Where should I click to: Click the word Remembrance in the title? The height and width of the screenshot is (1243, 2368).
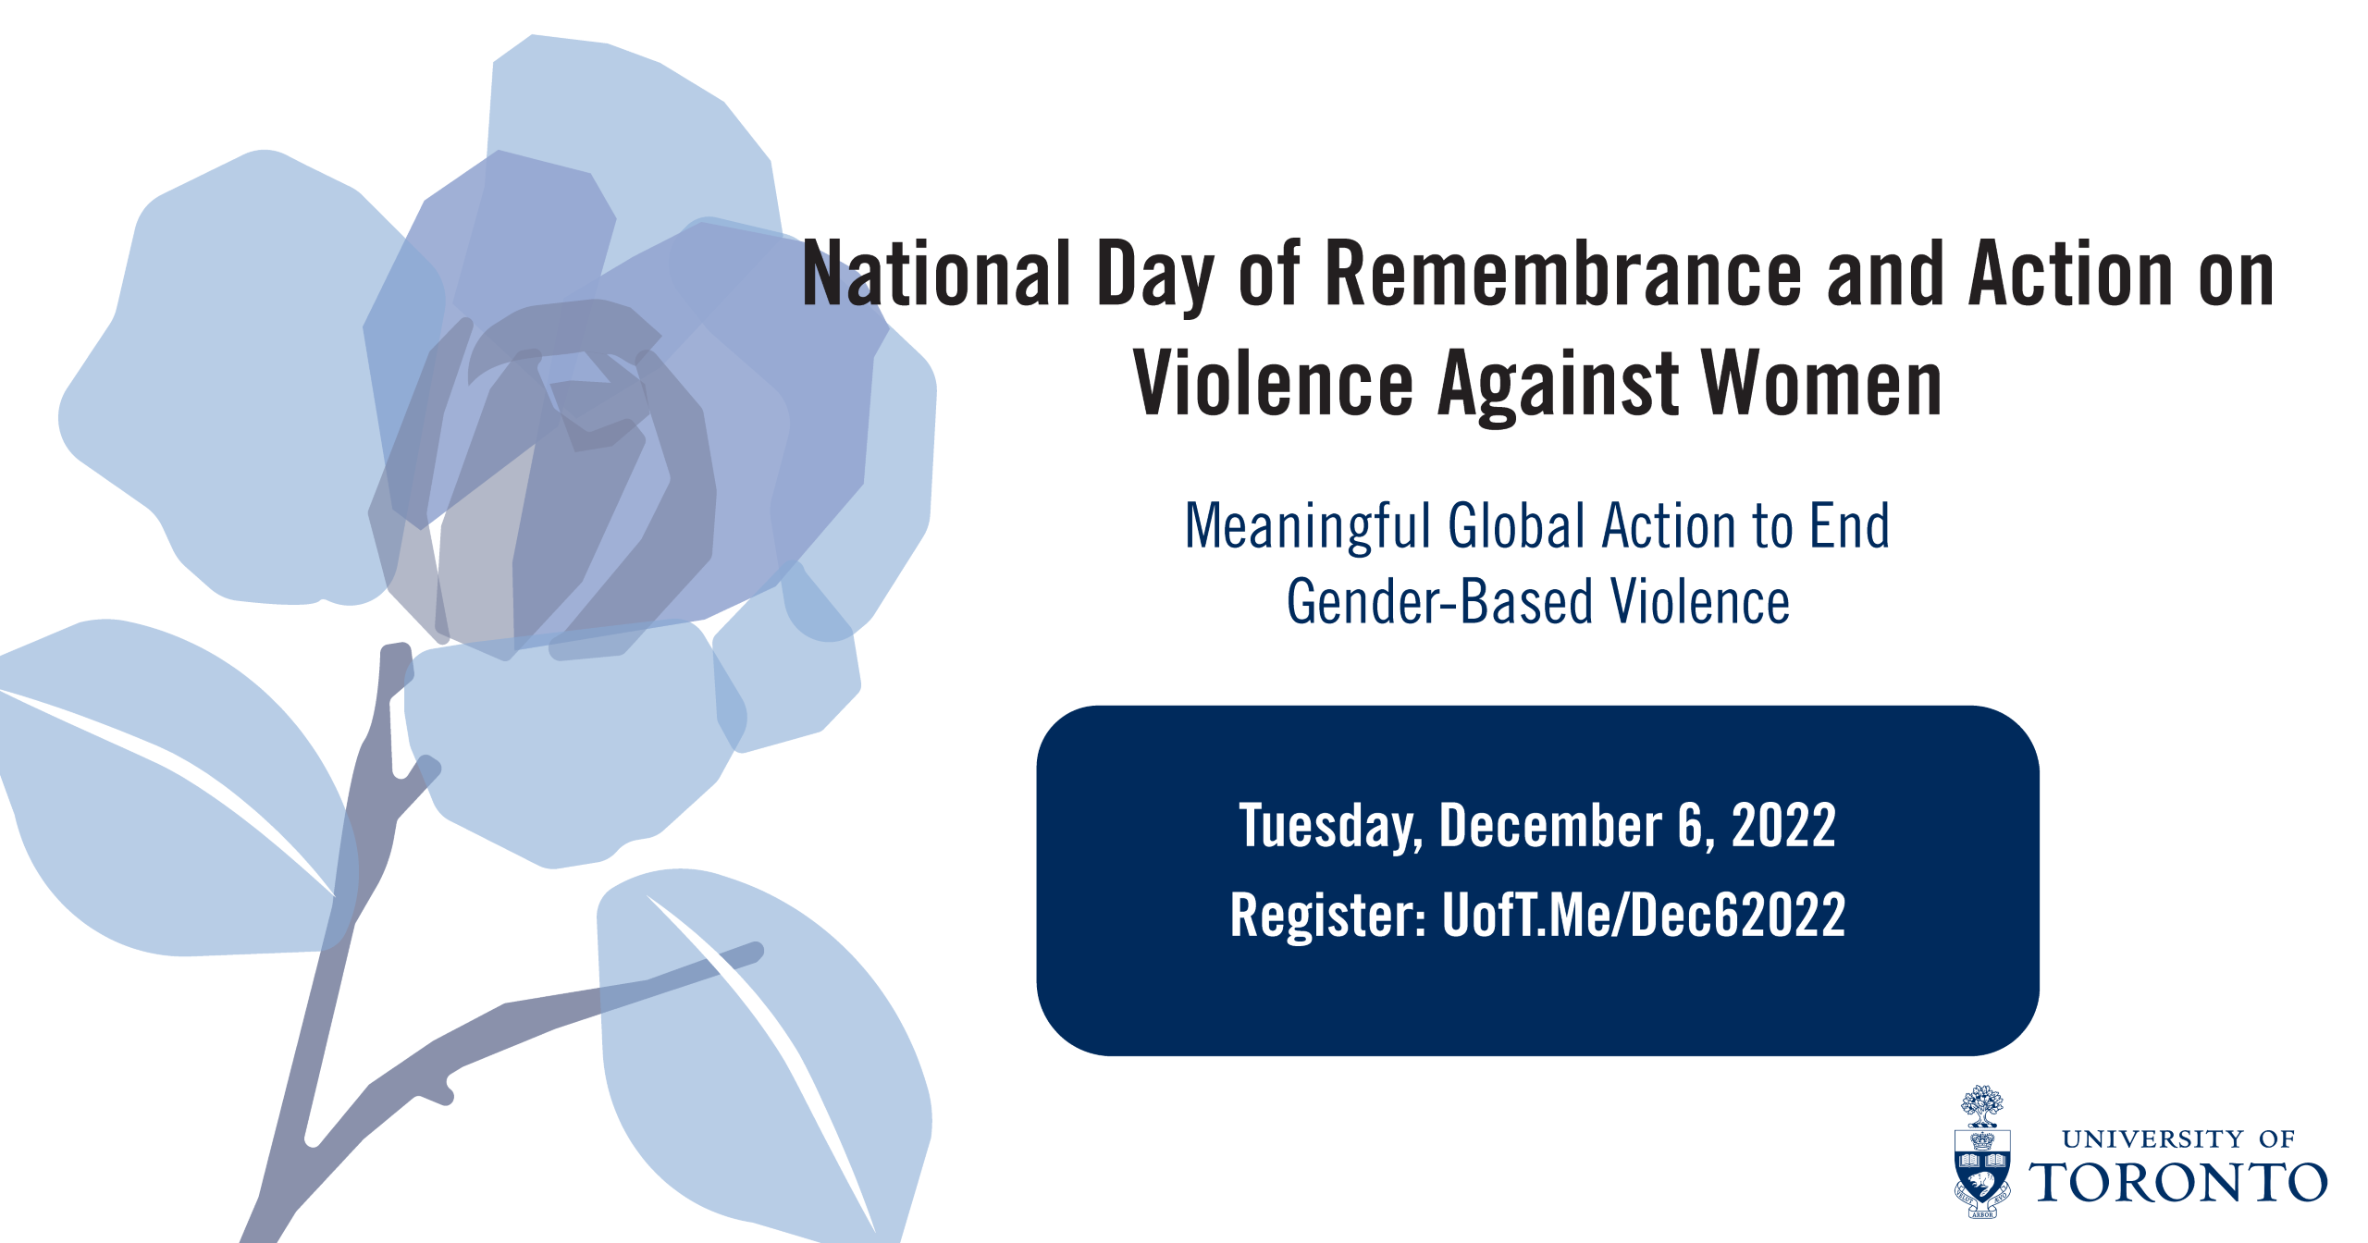coord(1563,274)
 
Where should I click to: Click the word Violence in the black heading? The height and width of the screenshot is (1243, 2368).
coord(1273,384)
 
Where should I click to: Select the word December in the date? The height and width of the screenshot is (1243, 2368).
coord(1551,825)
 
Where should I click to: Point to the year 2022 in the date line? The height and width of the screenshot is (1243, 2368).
coord(1783,825)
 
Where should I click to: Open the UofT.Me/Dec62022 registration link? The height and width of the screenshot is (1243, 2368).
coord(1644,915)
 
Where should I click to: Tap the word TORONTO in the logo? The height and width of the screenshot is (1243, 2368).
coord(2178,1182)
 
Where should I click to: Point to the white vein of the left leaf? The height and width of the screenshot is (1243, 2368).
coord(166,786)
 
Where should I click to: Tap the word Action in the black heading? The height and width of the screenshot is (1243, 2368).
coord(2070,274)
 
